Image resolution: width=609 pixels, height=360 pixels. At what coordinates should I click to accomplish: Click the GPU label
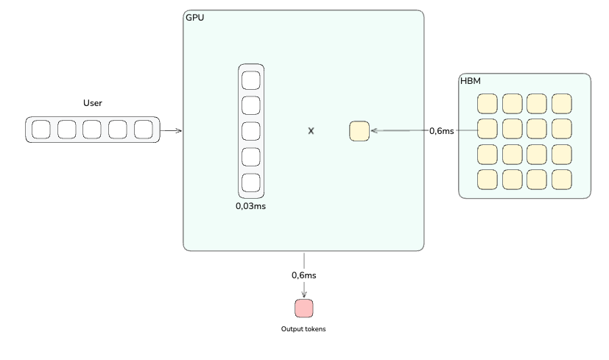(x=195, y=17)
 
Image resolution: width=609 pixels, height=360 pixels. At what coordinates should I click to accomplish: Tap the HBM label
(x=471, y=80)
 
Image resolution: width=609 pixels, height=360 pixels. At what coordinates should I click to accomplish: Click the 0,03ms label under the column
(x=250, y=206)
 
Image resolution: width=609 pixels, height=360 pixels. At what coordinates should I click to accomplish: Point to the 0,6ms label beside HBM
(x=442, y=131)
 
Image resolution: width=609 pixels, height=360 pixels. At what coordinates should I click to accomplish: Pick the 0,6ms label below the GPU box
(x=304, y=275)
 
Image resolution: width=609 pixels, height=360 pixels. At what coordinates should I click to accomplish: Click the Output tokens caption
(x=303, y=329)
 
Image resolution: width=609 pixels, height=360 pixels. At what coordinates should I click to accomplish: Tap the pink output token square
(x=304, y=308)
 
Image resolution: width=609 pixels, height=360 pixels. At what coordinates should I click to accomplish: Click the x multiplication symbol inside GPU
(x=311, y=130)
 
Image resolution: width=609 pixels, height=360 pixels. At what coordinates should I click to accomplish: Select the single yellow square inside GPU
(x=359, y=131)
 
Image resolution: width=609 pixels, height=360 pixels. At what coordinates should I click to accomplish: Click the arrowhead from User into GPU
(x=179, y=131)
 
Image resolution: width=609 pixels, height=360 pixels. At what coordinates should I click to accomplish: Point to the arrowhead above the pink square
(x=304, y=294)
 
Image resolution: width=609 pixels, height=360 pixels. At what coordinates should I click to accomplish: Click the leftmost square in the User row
(x=42, y=130)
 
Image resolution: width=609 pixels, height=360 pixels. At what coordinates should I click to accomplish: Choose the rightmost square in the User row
(x=144, y=130)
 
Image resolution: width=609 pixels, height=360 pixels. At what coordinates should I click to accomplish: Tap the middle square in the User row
(x=92, y=130)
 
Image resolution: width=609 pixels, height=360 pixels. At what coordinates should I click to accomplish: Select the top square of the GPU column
(x=251, y=80)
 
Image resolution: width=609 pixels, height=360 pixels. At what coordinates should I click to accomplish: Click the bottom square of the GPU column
(x=251, y=183)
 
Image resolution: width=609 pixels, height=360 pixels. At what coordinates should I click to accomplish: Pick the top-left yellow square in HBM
(x=487, y=104)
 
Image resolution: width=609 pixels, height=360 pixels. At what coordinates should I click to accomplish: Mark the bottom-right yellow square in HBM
(x=562, y=179)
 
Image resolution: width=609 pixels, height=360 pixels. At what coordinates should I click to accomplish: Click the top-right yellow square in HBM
(x=562, y=104)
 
